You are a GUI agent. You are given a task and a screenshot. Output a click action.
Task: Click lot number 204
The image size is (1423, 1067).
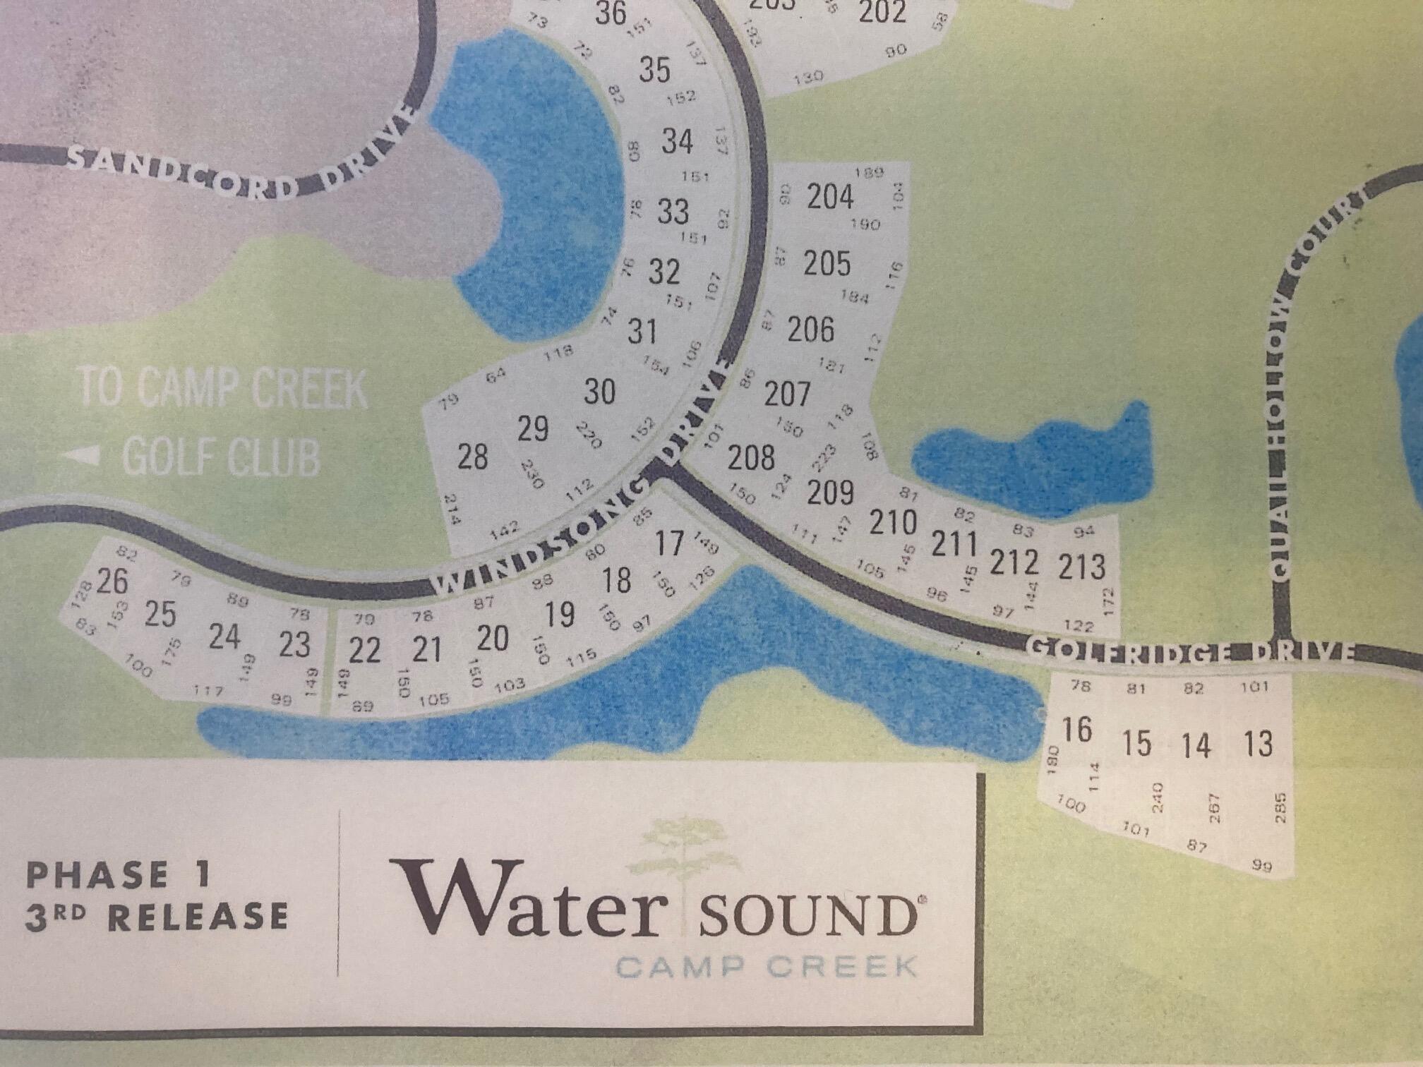830,197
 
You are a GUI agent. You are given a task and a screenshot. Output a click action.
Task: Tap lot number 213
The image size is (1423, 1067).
1081,566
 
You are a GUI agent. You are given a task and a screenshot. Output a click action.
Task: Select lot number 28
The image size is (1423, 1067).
472,457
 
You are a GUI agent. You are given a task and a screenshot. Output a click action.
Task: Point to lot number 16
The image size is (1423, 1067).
1077,730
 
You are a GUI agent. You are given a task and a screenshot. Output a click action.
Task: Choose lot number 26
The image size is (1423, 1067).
112,581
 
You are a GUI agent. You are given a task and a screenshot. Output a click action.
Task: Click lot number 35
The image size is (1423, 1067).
654,70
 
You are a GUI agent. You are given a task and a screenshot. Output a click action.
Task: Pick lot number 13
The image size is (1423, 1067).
1259,744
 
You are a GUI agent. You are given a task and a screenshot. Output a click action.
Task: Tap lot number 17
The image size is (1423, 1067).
669,543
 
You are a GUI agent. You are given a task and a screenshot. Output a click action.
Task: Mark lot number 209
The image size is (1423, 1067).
830,493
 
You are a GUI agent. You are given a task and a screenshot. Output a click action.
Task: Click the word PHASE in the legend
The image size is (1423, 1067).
97,876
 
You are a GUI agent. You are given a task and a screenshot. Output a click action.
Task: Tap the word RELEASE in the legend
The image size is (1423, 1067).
198,918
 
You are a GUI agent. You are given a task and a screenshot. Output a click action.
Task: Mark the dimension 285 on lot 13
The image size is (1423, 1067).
1281,807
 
